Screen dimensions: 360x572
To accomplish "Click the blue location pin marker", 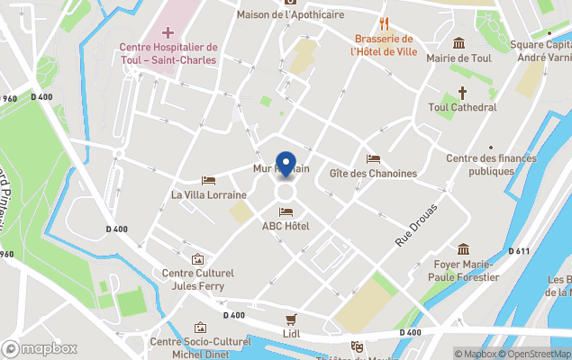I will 286,164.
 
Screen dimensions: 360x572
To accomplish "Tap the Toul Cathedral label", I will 463,107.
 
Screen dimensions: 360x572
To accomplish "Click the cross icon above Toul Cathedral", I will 463,93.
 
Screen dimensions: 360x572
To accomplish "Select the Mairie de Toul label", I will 459,58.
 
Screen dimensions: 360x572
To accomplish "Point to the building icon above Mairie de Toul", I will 459,43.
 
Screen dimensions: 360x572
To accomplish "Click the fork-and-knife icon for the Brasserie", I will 384,23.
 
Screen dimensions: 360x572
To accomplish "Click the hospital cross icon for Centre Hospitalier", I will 168,31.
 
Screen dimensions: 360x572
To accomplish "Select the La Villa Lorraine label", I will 208,194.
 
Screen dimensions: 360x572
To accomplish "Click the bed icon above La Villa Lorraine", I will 208,180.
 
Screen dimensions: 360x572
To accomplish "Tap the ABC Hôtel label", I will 286,226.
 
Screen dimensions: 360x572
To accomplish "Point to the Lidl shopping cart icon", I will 290,319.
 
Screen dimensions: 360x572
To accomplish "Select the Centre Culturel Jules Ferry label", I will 197,279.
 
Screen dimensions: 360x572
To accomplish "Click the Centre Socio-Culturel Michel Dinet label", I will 199,347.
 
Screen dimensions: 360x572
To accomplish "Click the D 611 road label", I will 518,251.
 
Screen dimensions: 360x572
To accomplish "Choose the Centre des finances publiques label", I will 491,165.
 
